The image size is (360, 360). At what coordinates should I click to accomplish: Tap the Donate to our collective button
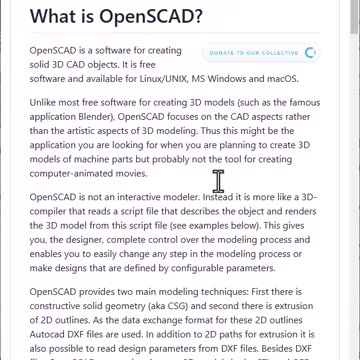coord(258,51)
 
